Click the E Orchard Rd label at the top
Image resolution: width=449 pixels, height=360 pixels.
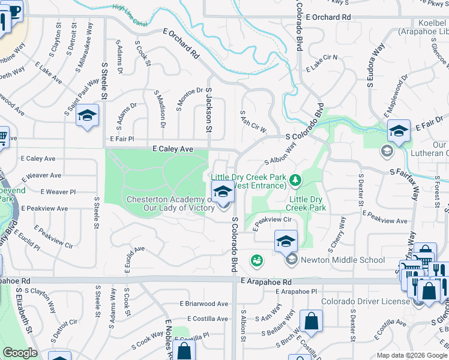pos(327,17)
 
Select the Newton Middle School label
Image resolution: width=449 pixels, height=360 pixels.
pos(343,260)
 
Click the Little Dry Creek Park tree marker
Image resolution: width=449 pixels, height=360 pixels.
pos(295,179)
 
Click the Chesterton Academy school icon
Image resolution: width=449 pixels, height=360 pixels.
pos(223,193)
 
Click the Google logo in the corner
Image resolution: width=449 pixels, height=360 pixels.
pos(20,353)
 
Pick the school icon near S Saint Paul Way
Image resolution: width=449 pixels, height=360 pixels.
pos(88,116)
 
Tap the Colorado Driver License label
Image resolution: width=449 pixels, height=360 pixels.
pos(366,301)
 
